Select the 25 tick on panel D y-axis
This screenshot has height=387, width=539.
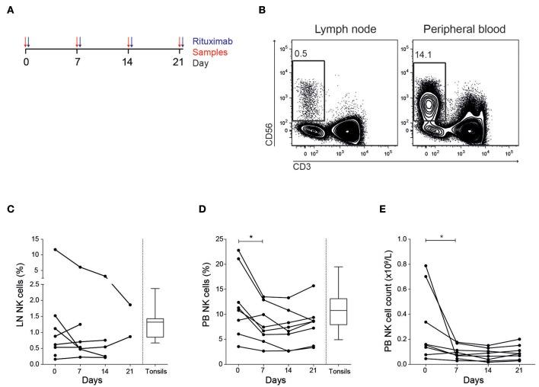218,239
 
